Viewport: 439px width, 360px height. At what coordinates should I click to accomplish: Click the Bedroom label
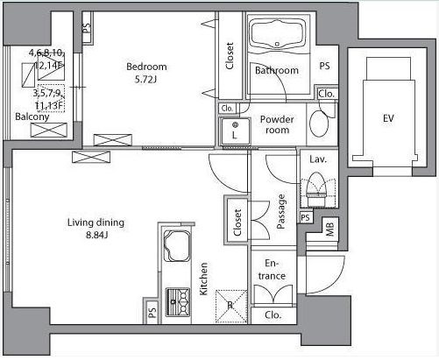(146, 67)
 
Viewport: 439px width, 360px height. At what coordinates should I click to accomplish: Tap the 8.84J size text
(97, 235)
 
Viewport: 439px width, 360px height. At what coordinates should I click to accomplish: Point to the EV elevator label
(388, 118)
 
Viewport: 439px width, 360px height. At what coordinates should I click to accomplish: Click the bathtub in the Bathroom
(278, 33)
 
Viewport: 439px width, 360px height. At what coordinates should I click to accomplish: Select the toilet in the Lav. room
(315, 188)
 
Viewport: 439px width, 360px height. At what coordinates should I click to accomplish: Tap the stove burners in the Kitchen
(178, 302)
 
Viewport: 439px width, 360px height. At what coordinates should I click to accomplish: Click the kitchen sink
(176, 245)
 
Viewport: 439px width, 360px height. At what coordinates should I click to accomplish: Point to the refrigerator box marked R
(231, 306)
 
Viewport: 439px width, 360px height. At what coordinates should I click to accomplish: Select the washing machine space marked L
(235, 131)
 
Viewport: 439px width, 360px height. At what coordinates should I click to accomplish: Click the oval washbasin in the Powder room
(319, 124)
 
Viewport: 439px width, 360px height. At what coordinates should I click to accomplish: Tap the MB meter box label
(329, 229)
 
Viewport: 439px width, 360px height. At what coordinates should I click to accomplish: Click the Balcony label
(32, 117)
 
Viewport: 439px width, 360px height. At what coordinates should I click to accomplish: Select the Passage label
(280, 212)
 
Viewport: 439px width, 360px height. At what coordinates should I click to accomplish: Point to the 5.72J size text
(146, 80)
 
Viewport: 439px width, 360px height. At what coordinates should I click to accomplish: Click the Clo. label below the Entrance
(273, 315)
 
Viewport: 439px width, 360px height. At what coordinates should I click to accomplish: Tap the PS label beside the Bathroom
(324, 66)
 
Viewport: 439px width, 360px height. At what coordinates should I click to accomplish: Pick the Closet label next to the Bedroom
(230, 56)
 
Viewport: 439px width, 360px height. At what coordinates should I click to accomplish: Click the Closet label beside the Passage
(237, 222)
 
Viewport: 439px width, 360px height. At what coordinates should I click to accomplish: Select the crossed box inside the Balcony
(49, 130)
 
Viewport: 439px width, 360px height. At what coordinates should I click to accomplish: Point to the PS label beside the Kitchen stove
(152, 314)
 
